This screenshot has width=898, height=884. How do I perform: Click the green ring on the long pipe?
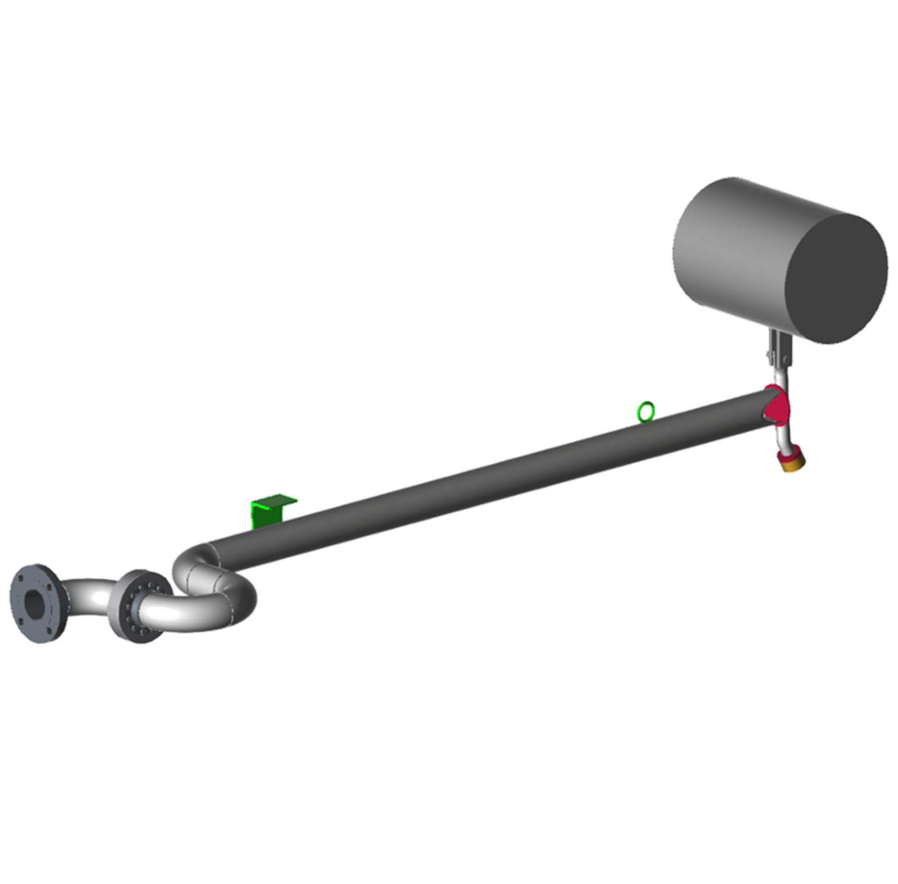click(x=645, y=411)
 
